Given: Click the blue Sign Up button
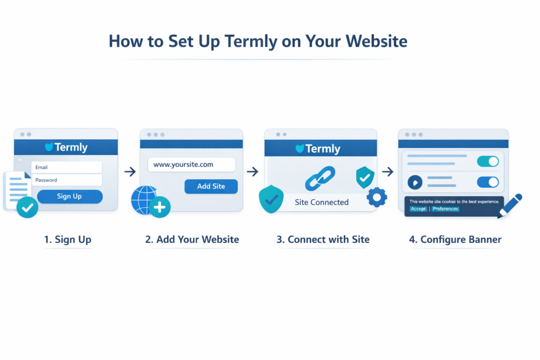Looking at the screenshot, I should (x=70, y=197).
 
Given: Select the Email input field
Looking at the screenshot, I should (x=66, y=167).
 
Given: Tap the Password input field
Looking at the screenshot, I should (x=66, y=180).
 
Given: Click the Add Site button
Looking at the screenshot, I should (x=211, y=186).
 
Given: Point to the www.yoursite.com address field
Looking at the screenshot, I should (x=191, y=164).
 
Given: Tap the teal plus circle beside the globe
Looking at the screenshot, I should (x=160, y=207).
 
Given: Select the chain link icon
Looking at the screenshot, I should (x=320, y=179).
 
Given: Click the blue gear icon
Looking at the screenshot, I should (x=377, y=198).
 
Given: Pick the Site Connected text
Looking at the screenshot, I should (x=321, y=202).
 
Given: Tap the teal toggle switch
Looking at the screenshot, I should (x=488, y=161).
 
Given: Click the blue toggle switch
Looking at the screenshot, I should (x=488, y=182).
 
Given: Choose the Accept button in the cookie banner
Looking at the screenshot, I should (x=418, y=209).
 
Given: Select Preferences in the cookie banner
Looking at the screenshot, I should (x=446, y=209).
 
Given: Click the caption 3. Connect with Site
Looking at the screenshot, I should (x=323, y=240).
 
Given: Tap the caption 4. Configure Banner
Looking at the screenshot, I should (x=455, y=240).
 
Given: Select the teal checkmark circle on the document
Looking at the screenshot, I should (x=27, y=208).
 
